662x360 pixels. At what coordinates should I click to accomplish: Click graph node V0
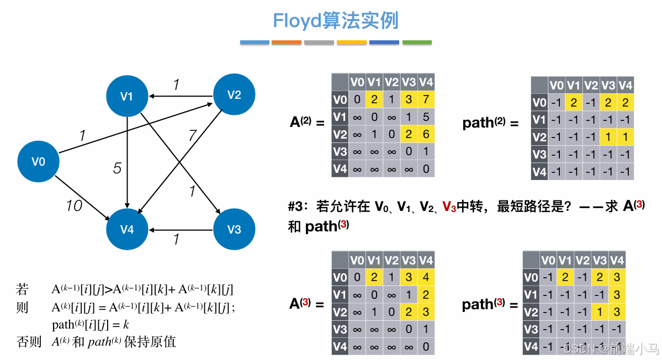pyautogui.click(x=38, y=162)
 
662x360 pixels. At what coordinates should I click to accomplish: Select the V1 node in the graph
pyautogui.click(x=127, y=97)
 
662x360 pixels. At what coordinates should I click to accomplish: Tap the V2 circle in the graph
pyautogui.click(x=234, y=95)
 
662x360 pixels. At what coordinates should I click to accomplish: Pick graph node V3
pyautogui.click(x=234, y=229)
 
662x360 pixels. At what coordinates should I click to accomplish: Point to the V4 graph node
pyautogui.click(x=127, y=229)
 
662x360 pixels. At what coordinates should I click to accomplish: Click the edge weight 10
pyautogui.click(x=74, y=206)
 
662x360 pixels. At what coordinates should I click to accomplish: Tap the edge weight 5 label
pyautogui.click(x=117, y=168)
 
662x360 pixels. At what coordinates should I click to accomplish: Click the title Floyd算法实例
pyautogui.click(x=336, y=21)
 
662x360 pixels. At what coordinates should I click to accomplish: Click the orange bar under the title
pyautogui.click(x=286, y=43)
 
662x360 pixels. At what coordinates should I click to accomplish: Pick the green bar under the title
pyautogui.click(x=417, y=43)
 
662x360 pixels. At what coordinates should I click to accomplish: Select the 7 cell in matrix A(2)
pyautogui.click(x=426, y=100)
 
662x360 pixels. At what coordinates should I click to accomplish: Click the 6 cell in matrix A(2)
pyautogui.click(x=426, y=134)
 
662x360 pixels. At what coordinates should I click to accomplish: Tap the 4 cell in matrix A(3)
pyautogui.click(x=426, y=278)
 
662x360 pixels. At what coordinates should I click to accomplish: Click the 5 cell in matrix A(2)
pyautogui.click(x=426, y=117)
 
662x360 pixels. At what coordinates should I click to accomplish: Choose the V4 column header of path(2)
pyautogui.click(x=625, y=86)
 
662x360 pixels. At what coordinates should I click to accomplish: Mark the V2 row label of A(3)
pyautogui.click(x=340, y=313)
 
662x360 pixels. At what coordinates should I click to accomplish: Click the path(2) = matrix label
pyautogui.click(x=491, y=123)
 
